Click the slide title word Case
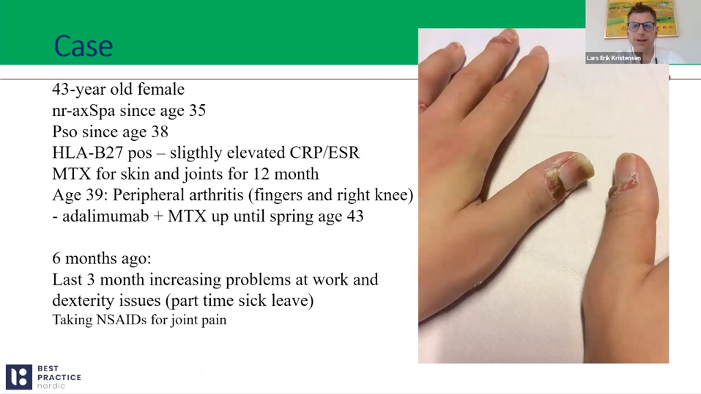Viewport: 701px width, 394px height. coord(84,46)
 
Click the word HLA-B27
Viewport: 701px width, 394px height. coord(88,153)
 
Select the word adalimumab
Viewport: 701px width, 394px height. coord(105,216)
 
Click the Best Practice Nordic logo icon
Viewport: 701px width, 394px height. coord(19,376)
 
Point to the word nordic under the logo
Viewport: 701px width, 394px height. coord(51,386)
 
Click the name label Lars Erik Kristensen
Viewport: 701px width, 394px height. coord(614,58)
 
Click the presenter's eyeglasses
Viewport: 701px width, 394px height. coord(641,26)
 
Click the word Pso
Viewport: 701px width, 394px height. coord(64,131)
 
